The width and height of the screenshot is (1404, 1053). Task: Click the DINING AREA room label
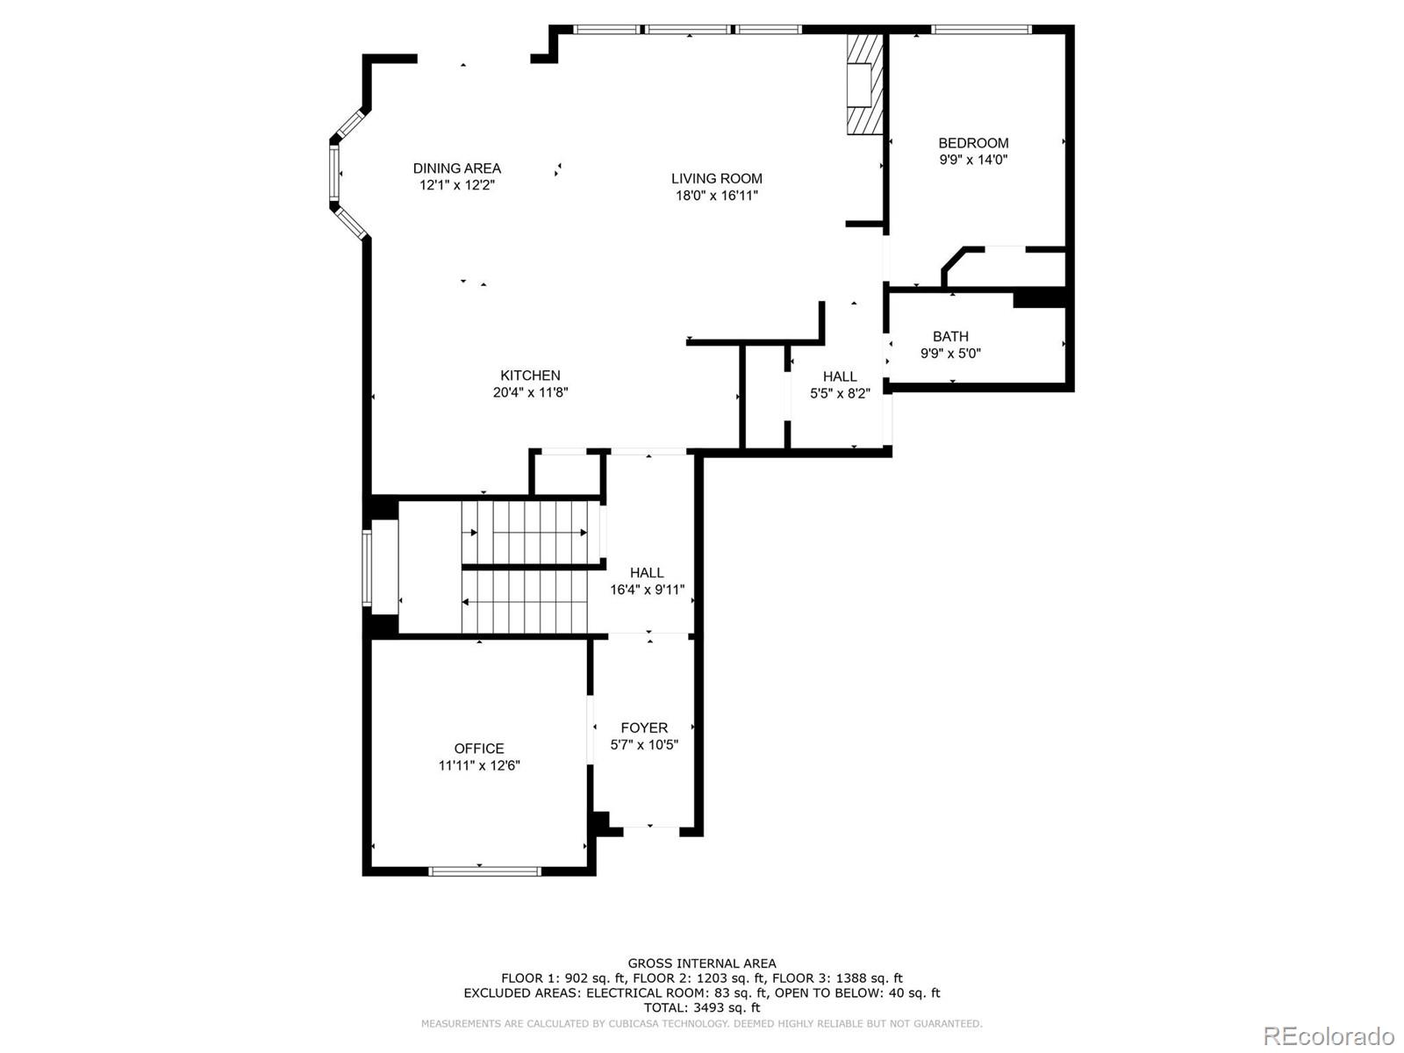[457, 168]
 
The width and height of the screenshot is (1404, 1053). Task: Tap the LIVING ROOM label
[717, 179]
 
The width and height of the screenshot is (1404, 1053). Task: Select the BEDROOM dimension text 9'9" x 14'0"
[973, 160]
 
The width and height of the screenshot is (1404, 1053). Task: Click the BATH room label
[950, 336]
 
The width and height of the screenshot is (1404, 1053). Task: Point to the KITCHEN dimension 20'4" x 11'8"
[530, 392]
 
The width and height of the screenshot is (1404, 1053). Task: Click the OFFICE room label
[479, 749]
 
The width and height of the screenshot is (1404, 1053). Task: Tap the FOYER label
[644, 727]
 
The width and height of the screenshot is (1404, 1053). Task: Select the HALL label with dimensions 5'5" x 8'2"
[840, 377]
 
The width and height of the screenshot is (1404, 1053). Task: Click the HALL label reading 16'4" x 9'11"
[647, 573]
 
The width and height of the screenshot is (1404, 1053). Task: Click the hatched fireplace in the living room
[864, 85]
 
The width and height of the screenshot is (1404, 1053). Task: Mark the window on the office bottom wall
[484, 871]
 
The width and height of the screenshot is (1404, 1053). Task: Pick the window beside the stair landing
[368, 567]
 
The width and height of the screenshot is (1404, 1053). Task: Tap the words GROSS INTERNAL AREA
[701, 963]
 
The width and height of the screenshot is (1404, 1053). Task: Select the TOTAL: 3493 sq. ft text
[701, 1008]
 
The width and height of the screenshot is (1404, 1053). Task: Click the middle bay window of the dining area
[334, 174]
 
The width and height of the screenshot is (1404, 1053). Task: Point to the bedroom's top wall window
[980, 29]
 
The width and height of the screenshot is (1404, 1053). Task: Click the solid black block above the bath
[1039, 297]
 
